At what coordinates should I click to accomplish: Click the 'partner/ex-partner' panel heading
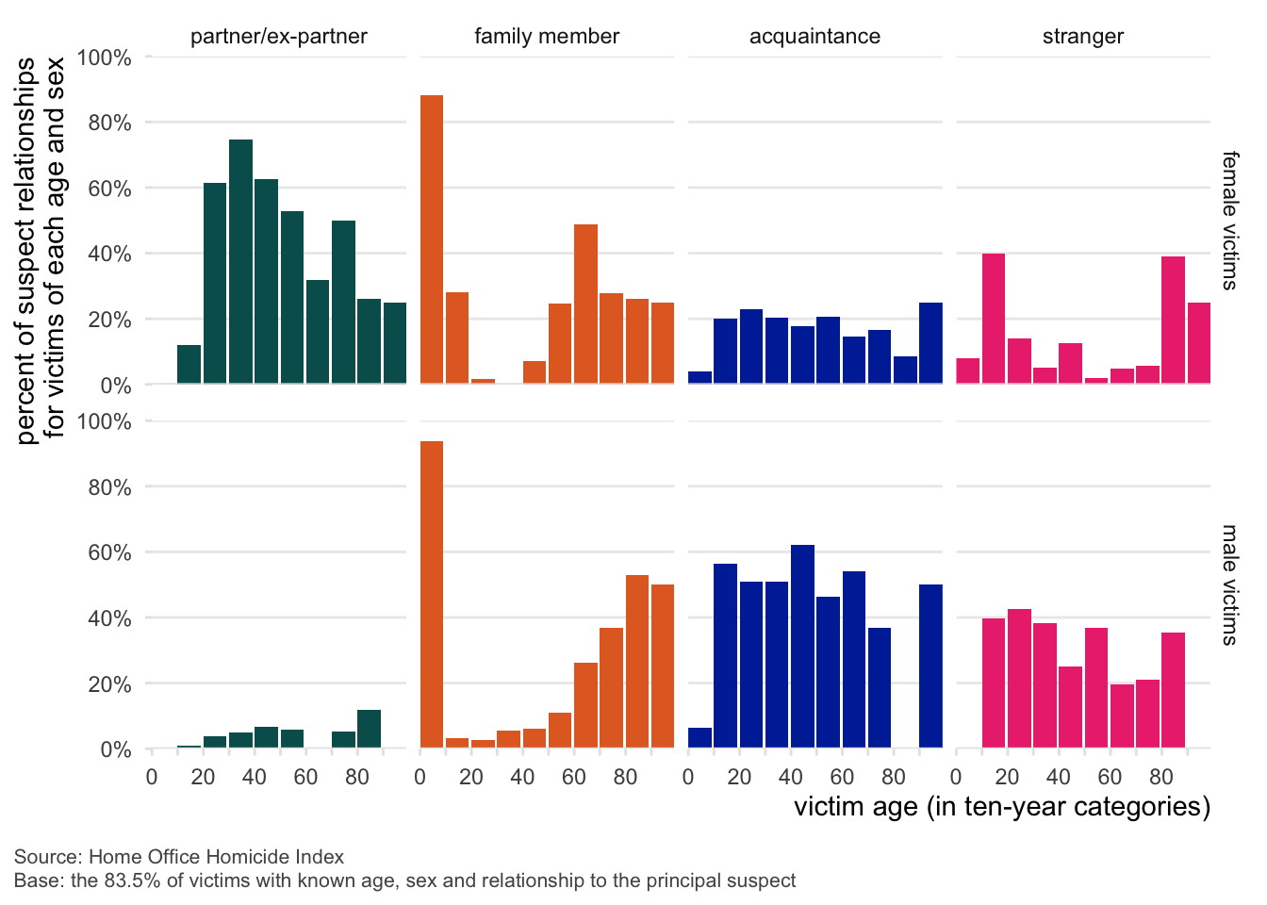point(279,37)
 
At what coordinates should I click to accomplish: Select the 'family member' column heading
point(547,37)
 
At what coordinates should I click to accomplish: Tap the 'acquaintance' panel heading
point(814,37)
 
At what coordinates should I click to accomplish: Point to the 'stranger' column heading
point(1083,37)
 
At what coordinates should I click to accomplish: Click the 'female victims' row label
point(1229,221)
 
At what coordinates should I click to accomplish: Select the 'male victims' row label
point(1229,584)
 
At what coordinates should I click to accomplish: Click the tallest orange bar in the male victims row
point(432,594)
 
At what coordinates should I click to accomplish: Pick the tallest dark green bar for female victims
point(240,261)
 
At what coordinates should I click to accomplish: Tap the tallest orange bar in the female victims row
point(432,239)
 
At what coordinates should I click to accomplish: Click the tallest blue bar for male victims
point(802,646)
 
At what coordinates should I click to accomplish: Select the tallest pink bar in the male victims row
point(1019,678)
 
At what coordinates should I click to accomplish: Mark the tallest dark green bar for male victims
point(369,729)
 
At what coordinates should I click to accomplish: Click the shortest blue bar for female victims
point(699,377)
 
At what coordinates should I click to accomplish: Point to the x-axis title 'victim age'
point(1001,807)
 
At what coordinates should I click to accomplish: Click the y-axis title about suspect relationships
point(41,250)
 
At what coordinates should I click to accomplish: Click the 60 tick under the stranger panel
point(1110,777)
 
